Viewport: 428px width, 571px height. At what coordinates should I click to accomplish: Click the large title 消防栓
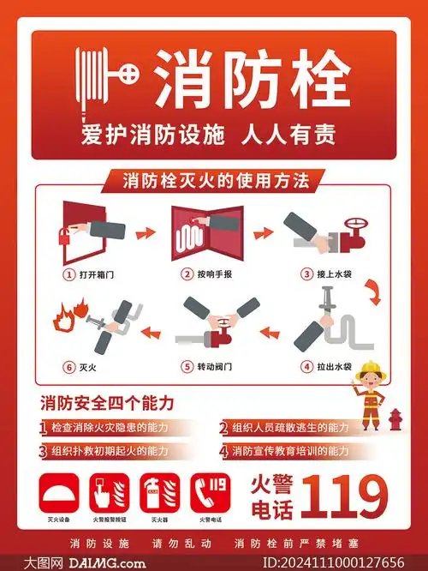253,78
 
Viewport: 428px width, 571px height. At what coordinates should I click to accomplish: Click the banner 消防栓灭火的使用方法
210,181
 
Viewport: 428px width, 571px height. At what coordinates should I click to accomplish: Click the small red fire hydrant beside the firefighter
395,420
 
